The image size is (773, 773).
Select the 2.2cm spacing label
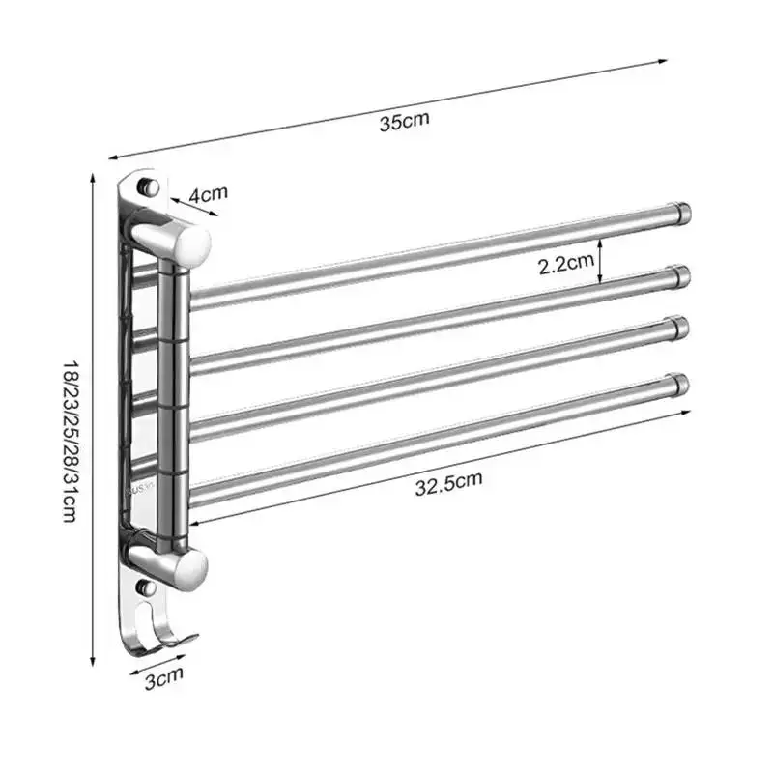565,263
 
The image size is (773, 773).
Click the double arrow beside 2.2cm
600,262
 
